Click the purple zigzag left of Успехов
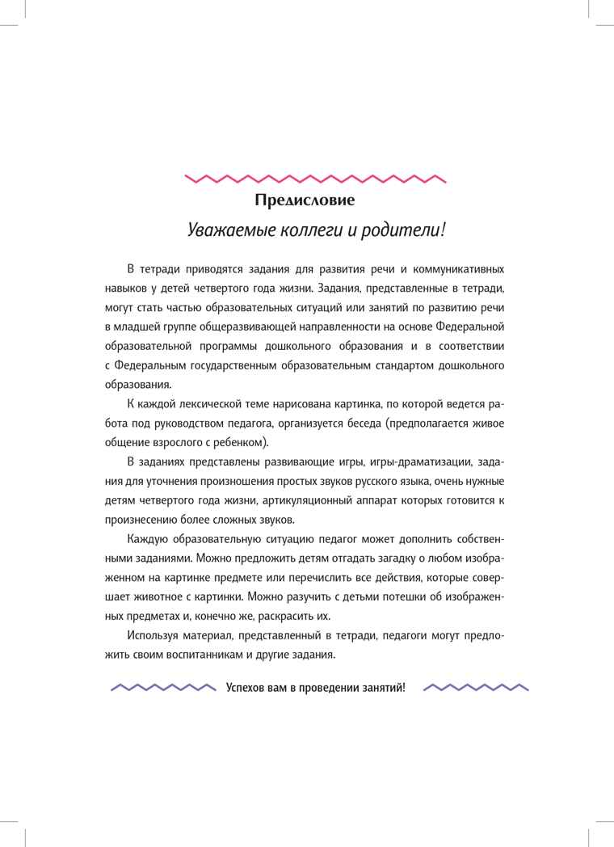click(163, 688)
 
